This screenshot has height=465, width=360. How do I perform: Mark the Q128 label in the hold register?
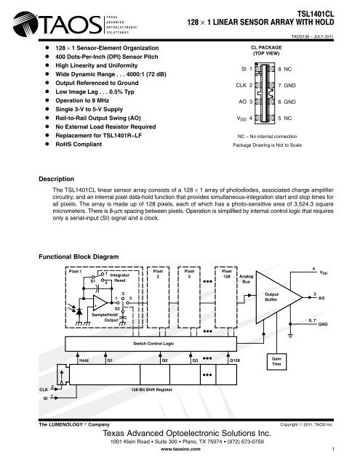[x=236, y=360]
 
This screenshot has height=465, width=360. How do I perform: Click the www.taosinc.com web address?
[x=180, y=450]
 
